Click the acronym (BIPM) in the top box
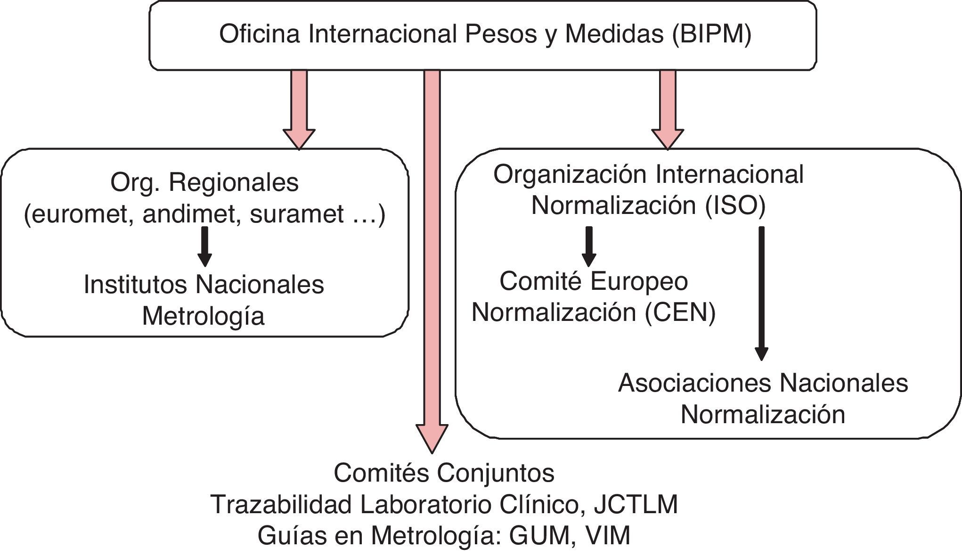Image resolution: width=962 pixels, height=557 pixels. coord(711,34)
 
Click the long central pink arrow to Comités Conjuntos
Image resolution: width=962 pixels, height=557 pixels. coord(432,259)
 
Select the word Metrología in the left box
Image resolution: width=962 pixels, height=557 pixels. coord(203,316)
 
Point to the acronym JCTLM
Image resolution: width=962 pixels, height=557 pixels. coord(636,505)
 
